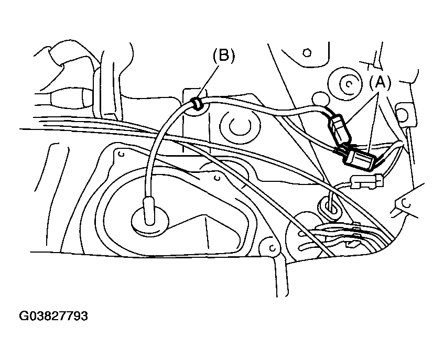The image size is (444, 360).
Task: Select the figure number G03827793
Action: (53, 317)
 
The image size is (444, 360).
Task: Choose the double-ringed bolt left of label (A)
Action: (346, 83)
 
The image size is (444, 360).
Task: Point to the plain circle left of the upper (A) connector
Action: (318, 97)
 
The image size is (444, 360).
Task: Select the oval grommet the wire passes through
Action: (330, 205)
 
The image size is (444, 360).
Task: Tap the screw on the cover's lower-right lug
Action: (271, 245)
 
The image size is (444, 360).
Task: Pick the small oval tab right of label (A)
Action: (403, 113)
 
